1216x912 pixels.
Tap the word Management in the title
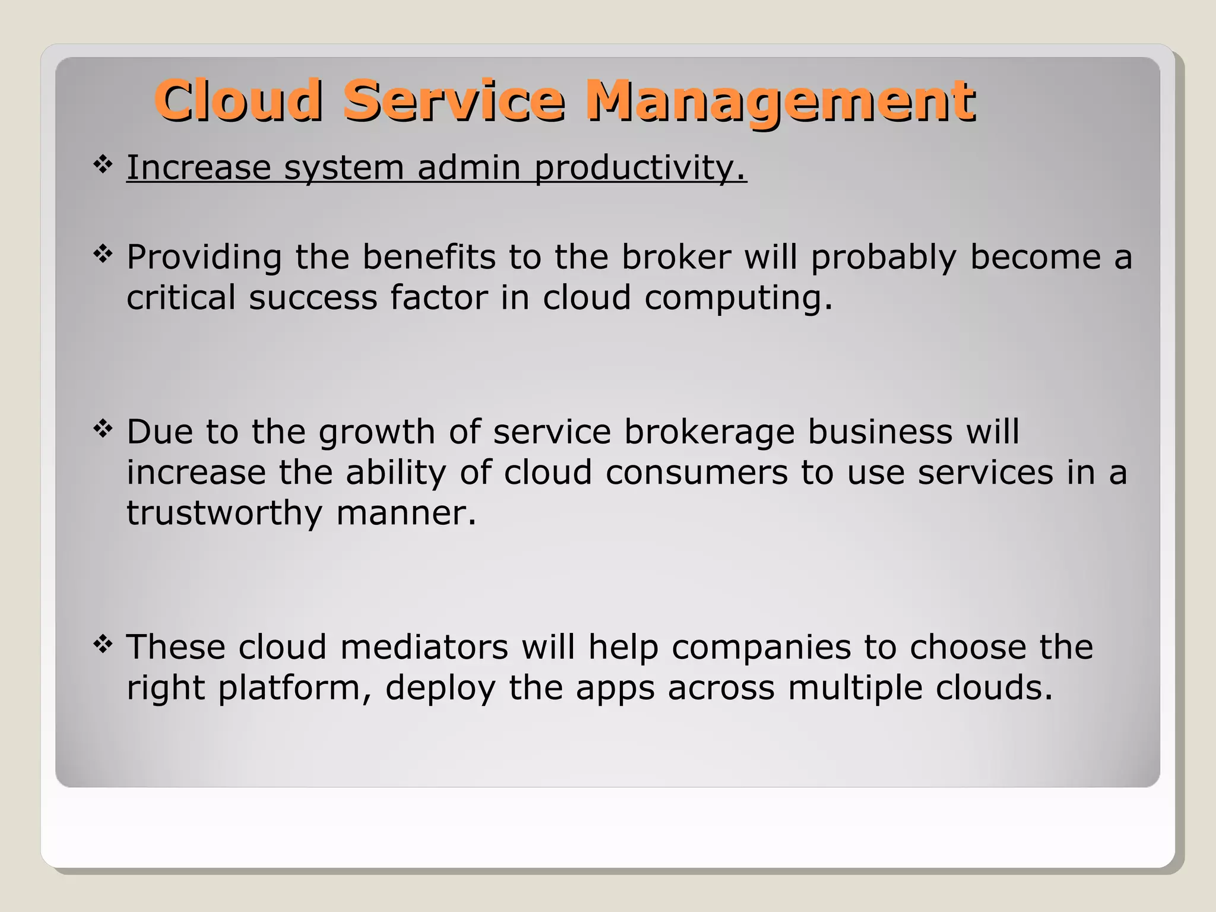780,102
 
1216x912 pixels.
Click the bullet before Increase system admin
103,164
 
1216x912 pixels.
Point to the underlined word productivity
639,169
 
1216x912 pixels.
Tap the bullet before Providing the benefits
103,255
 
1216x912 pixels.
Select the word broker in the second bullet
676,258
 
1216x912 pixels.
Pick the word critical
181,297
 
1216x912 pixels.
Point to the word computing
738,299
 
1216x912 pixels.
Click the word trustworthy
224,514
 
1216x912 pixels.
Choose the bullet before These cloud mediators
103,644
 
